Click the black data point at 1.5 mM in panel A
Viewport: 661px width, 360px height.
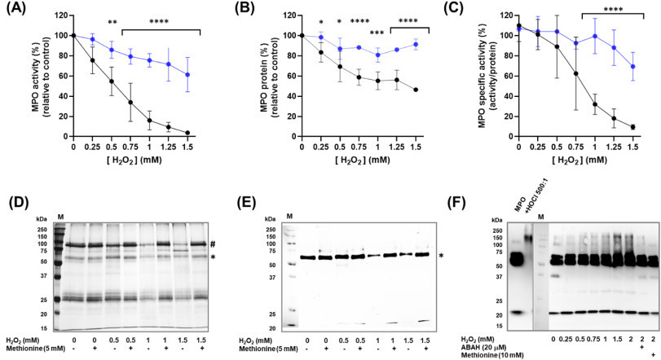pyautogui.click(x=187, y=133)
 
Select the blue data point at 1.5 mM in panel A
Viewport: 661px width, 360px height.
pyautogui.click(x=187, y=75)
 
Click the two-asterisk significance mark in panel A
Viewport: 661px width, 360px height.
pyautogui.click(x=112, y=23)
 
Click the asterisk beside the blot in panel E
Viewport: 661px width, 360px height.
pyautogui.click(x=441, y=256)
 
